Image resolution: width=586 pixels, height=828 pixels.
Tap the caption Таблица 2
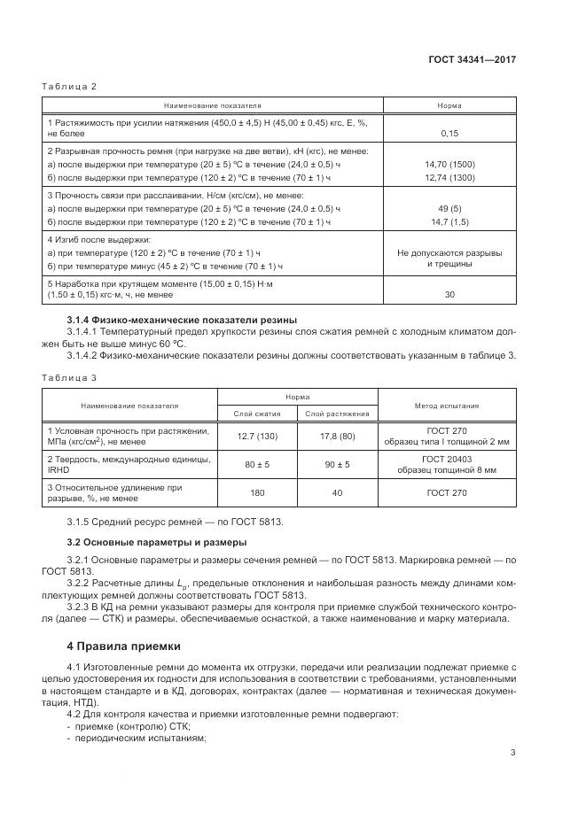pos(69,86)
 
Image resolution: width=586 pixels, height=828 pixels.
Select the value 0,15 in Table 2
pos(449,134)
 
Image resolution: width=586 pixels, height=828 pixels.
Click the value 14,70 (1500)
pos(449,164)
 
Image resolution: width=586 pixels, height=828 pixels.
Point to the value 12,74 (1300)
pos(449,177)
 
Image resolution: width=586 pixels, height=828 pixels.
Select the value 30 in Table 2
pos(449,294)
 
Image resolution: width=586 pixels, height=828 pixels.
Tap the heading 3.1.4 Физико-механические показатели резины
pos(182,319)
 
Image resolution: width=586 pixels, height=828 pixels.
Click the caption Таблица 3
pos(69,376)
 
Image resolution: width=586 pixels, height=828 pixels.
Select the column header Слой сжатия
pos(257,414)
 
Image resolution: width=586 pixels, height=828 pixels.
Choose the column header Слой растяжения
pos(337,414)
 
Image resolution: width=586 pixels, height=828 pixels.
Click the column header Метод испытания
pos(447,406)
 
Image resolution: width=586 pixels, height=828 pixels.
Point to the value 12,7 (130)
pos(257,436)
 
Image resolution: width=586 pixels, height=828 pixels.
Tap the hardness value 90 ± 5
pos(337,464)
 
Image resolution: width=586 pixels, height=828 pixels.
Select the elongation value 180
pos(257,492)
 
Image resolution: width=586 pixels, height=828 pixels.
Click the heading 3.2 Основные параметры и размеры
pos(159,541)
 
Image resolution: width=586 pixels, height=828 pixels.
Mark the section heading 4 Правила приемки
pos(123,646)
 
